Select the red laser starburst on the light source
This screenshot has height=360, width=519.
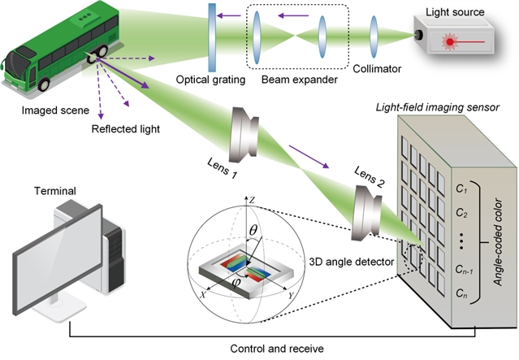pos(448,39)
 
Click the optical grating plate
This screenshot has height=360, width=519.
pos(212,36)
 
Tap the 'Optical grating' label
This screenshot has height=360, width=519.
pos(209,80)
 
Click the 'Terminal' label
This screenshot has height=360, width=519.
pos(54,191)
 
